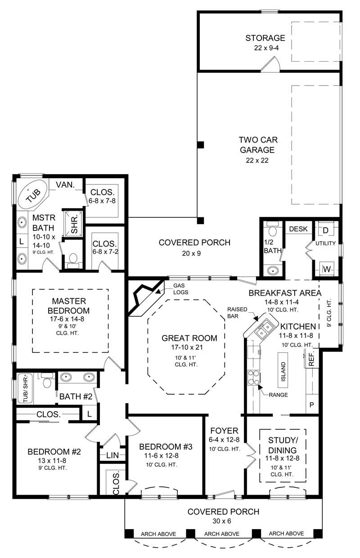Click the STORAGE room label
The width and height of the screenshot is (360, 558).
[265, 38]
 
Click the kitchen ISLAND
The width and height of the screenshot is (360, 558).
[283, 372]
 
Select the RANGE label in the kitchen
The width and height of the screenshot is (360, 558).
[278, 395]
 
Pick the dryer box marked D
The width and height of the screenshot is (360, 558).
[326, 230]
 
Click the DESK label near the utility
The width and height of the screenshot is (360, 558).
[297, 229]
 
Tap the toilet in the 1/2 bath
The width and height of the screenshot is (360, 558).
[271, 230]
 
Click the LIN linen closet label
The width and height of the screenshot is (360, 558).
[112, 455]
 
